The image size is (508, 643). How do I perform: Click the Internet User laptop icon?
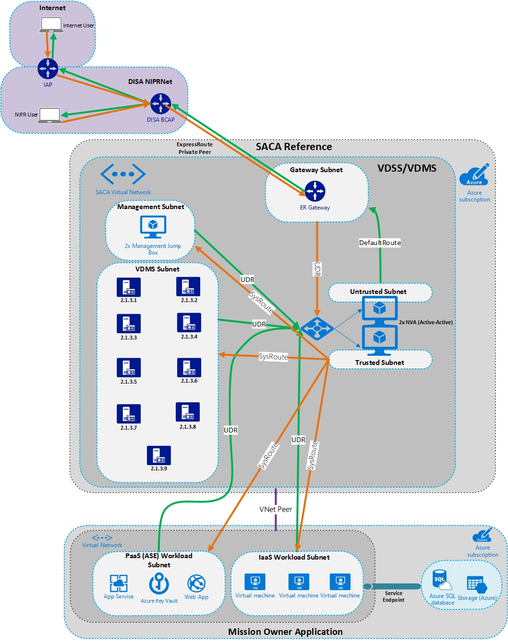[51, 24]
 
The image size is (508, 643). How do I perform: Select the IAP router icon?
[48, 69]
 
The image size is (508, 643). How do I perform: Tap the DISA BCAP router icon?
[160, 104]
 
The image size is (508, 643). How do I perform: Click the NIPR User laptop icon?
[50, 115]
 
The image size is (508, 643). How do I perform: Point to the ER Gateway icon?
[315, 191]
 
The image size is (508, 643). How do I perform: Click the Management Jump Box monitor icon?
[153, 227]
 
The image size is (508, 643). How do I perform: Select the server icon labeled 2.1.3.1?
[129, 287]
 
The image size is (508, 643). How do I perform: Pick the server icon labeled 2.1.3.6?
[189, 368]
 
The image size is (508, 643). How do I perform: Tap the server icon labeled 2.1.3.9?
[159, 456]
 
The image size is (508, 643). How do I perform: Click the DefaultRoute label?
[380, 243]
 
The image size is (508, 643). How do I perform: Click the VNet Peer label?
[276, 509]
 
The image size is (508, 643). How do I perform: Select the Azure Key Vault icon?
[159, 585]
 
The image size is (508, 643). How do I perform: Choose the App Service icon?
[119, 584]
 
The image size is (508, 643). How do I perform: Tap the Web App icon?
[196, 584]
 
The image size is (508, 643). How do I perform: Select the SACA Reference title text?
[294, 147]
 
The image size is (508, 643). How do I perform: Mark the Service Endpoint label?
[393, 596]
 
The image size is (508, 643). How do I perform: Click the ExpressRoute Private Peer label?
[194, 148]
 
